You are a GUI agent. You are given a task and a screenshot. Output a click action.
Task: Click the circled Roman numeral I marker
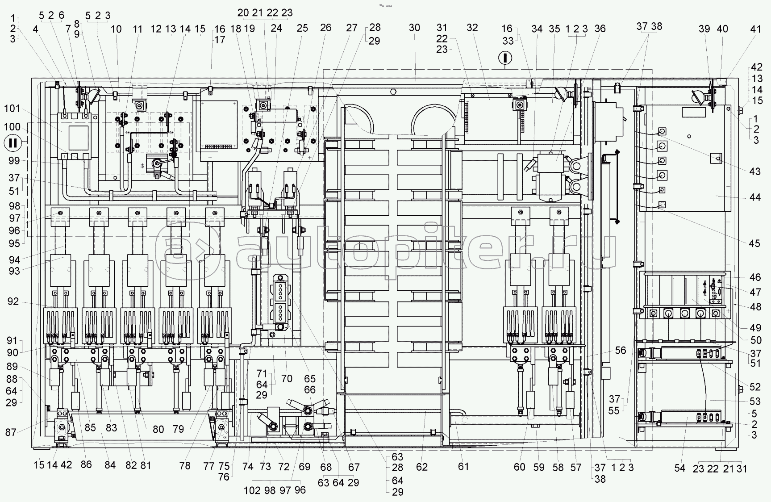coord(505,58)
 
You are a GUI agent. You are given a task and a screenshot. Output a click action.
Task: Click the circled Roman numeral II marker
coord(13,143)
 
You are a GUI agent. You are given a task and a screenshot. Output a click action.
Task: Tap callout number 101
coord(13,109)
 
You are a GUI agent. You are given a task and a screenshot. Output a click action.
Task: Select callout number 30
coord(414,28)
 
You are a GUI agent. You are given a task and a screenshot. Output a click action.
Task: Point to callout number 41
coord(755,29)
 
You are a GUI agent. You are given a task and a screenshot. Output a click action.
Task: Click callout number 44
coord(754,197)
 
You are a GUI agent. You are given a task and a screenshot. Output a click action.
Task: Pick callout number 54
coord(679,468)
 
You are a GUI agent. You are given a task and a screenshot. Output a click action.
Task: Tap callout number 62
coord(421,467)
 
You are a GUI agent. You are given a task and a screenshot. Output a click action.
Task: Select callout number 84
coord(110,465)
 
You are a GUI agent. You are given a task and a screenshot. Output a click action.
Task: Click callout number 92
coord(13,301)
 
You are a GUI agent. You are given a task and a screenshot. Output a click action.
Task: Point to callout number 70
coord(287,379)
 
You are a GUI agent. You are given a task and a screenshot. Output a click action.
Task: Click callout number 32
coord(472,28)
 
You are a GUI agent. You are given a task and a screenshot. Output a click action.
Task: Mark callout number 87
coord(11,432)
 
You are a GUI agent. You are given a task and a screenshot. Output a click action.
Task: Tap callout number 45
coord(754,243)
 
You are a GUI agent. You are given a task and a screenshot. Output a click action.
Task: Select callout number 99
coord(13,161)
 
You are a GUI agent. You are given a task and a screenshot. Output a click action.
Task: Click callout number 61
coord(463,467)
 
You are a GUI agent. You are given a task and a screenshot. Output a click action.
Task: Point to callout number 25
coord(302,28)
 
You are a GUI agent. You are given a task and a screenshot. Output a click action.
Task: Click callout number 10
coord(116,29)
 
